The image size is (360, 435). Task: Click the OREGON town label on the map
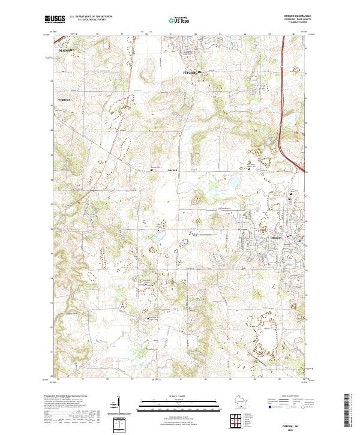click(x=272, y=238)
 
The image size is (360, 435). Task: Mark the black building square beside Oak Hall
click(x=151, y=170)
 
